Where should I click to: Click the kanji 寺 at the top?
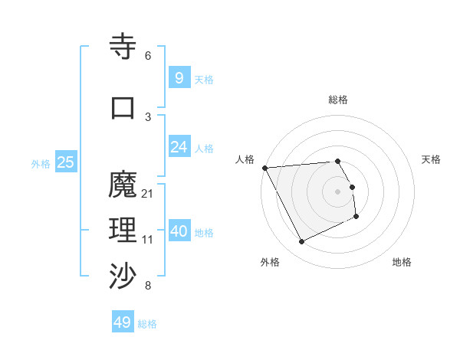[x=123, y=47]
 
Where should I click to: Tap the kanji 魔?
[x=123, y=185]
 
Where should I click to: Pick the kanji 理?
[x=123, y=231]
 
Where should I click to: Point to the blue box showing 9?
[x=179, y=77]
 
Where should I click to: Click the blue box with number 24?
[x=179, y=146]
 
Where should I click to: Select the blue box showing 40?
[x=179, y=231]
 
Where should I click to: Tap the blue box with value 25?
[x=65, y=162]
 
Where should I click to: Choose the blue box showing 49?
[x=123, y=322]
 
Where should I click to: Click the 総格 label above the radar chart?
[x=338, y=100]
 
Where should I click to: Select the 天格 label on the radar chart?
[x=432, y=159]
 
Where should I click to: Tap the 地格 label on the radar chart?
[x=402, y=262]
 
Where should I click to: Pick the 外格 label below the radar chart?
[x=270, y=262]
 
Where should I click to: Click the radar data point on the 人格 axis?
[x=264, y=168]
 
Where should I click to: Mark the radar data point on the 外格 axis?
[x=301, y=242]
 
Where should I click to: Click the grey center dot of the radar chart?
[x=337, y=191]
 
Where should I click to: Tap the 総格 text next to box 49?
[x=147, y=324]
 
